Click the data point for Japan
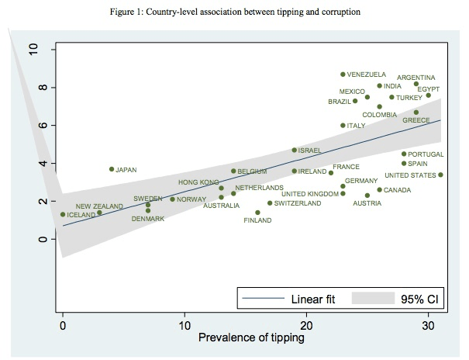[x=112, y=169]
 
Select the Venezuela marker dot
[x=343, y=74]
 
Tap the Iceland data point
[x=63, y=215]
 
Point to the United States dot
[x=440, y=175]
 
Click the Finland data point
[x=257, y=213]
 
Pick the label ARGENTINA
[x=416, y=78]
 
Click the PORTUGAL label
[x=426, y=154]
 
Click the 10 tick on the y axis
[x=33, y=50]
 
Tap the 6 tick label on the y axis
[x=33, y=125]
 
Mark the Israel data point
[x=294, y=150]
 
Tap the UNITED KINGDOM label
[x=309, y=194]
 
